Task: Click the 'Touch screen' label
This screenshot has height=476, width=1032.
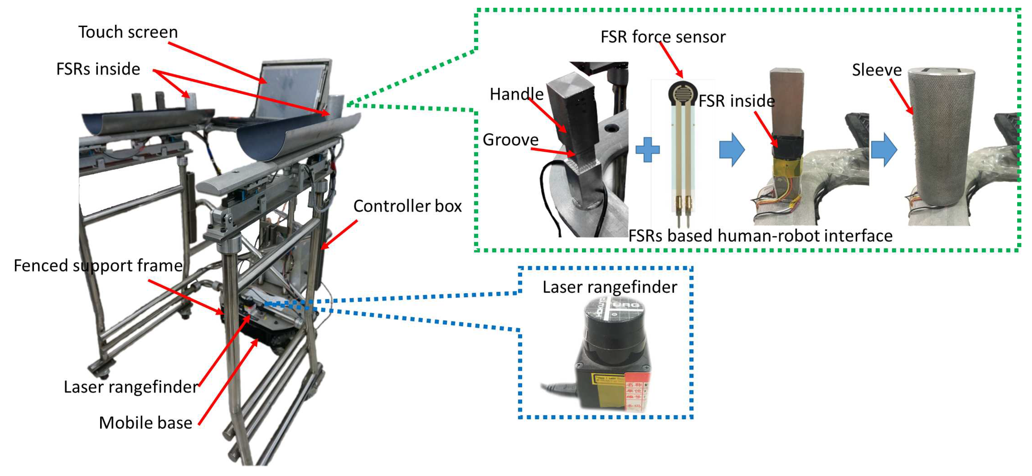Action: [128, 32]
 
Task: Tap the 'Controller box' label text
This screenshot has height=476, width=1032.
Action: [407, 206]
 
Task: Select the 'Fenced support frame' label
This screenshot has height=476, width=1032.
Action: [98, 266]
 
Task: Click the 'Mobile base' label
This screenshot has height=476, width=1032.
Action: [145, 423]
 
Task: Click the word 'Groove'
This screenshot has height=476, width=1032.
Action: [510, 140]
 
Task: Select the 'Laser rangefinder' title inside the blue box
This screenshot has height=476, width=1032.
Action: [609, 287]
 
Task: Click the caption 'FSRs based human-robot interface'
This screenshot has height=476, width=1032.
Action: [760, 236]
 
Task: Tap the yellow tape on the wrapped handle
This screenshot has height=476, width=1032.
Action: [788, 167]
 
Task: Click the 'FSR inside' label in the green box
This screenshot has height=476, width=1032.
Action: [736, 101]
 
